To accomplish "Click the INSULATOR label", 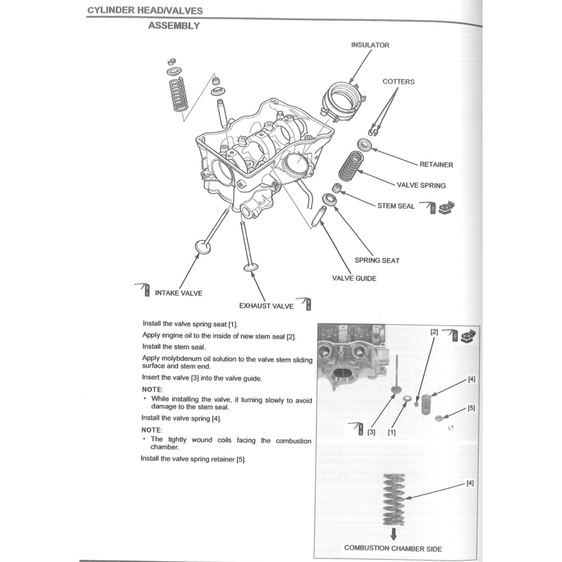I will pos(370,45).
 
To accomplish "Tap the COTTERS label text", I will pos(398,82).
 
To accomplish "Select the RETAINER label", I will pos(436,165).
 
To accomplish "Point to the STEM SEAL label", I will pos(396,206).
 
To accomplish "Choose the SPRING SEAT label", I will pos(376,260).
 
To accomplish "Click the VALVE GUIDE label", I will pos(354,278).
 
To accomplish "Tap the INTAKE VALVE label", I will pos(178,293).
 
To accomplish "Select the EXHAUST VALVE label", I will pos(266,306).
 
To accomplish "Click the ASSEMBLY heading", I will pos(173,26).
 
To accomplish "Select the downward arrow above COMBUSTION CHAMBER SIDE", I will pos(393,534).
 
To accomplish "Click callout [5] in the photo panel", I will pos(471,408).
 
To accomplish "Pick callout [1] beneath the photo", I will pos(392,432).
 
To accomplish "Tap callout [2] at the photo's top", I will pos(434,333).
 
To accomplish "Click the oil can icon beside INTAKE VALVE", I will pos(145,289).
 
